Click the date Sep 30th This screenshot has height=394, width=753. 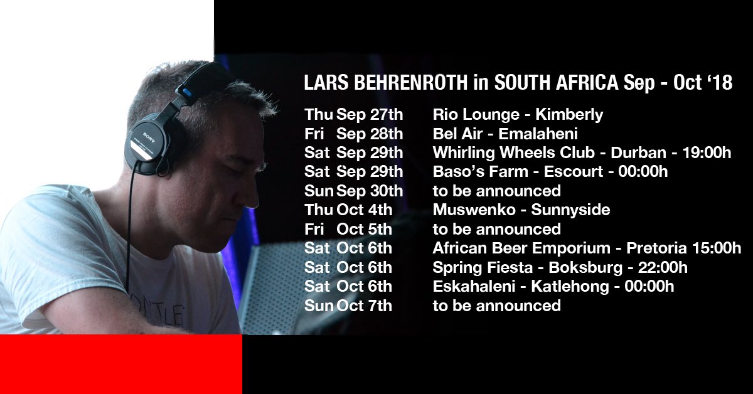(370, 191)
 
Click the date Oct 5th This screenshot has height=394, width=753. (365, 229)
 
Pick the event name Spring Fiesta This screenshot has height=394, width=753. (479, 267)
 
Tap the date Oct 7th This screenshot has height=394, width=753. (365, 306)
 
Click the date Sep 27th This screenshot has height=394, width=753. (370, 115)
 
